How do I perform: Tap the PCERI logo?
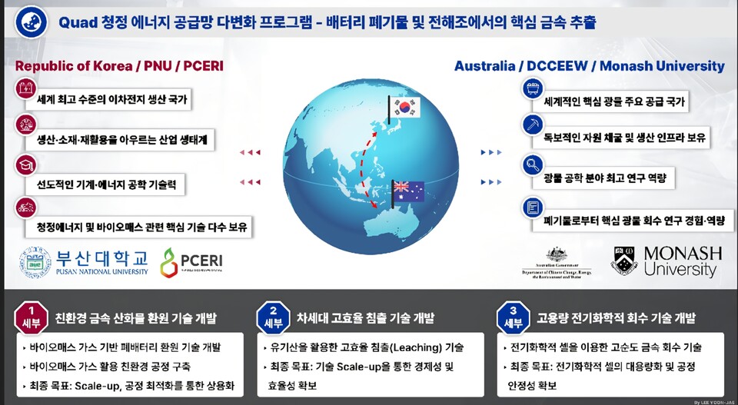(191, 262)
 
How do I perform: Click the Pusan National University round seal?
(35, 262)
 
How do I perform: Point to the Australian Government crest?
(557, 255)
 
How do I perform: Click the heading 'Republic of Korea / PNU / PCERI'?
(119, 66)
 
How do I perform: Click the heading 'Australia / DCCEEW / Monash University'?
(589, 66)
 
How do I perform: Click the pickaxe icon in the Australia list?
(532, 125)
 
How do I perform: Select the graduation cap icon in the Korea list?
(25, 164)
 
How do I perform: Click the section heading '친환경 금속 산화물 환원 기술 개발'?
(135, 318)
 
